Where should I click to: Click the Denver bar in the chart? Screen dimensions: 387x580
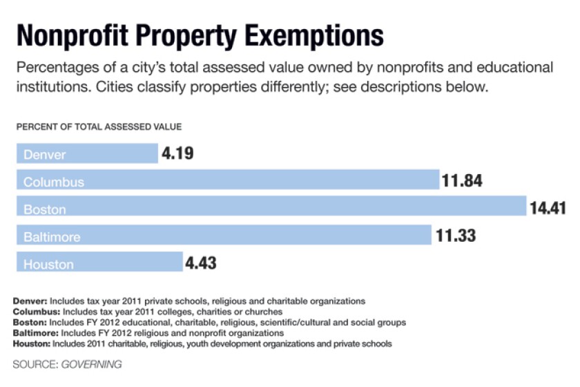87,153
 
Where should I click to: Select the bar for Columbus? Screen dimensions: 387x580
228,181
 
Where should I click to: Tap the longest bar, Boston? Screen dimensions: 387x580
271,208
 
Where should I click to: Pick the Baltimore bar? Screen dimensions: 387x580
224,236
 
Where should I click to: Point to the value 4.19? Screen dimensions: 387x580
177,153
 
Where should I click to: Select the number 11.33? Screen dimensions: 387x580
455,236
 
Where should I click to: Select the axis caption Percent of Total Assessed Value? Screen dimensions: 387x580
99,126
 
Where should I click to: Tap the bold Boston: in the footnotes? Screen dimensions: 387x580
28,322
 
